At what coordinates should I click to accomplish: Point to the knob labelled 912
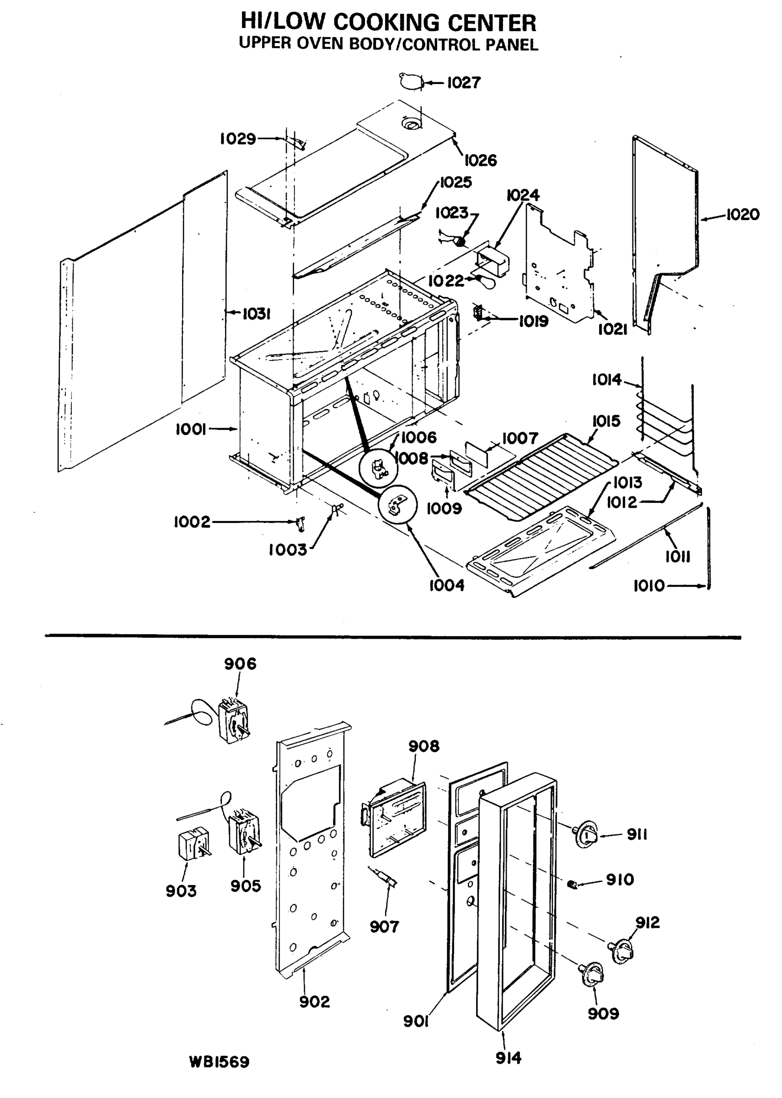click(621, 949)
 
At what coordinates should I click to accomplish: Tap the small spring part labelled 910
click(572, 884)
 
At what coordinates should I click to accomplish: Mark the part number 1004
click(446, 586)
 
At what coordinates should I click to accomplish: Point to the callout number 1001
click(191, 429)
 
